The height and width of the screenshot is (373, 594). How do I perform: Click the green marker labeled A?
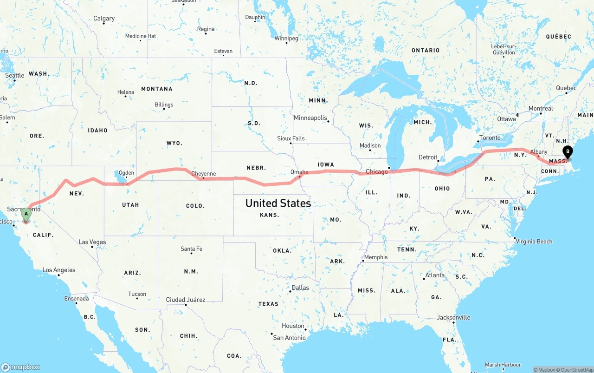(26, 215)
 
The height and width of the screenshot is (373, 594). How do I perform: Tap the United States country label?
(278, 203)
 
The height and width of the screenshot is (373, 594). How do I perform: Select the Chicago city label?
(376, 172)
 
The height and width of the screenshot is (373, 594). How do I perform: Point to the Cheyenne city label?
(204, 174)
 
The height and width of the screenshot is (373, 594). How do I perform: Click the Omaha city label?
(299, 172)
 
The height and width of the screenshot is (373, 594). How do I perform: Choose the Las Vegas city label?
(92, 242)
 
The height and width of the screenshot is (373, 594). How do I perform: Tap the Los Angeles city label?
(58, 270)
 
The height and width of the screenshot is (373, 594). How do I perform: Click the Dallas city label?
(300, 288)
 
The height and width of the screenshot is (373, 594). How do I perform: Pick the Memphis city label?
(376, 257)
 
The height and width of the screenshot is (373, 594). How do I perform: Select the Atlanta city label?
(435, 275)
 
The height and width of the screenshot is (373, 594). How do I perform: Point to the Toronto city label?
(490, 137)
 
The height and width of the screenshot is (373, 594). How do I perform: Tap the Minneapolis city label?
(310, 118)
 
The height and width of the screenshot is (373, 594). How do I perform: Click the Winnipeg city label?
(286, 38)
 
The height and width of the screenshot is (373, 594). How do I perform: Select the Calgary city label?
(104, 19)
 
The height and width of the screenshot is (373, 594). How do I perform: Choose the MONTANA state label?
(157, 89)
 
